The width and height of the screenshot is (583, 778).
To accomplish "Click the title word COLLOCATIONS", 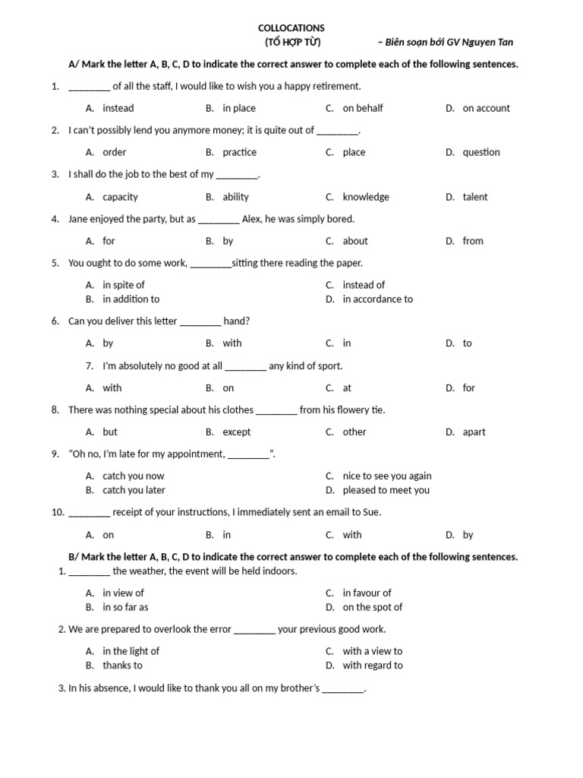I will pos(291,27).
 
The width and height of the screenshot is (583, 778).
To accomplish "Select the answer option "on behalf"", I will pos(362,108).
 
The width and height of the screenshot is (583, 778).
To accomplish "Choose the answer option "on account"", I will pos(486,108).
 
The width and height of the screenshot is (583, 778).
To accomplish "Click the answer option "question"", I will pos(481,152).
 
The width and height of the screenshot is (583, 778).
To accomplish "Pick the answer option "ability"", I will pos(235,197).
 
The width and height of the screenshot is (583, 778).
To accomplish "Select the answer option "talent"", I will pos(475,197).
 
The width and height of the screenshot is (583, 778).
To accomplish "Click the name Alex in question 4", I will pos(251,219).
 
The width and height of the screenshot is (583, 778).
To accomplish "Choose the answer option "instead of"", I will pos(364,285).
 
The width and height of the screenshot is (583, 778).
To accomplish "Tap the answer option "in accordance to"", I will pos(377,299).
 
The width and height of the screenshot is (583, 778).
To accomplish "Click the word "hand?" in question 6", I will pos(236,321).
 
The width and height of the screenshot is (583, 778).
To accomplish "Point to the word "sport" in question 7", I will pos(329,365).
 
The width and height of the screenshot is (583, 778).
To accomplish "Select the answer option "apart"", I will pos(474,432).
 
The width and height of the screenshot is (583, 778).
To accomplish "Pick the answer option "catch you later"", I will pos(134,490).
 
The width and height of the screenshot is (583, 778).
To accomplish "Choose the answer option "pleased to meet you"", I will pos(386,490).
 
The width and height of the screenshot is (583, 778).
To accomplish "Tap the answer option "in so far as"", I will pos(125,607).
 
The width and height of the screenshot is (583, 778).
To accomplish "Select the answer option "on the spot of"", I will pos(372,607).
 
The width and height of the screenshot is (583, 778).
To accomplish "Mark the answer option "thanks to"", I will pos(122,665).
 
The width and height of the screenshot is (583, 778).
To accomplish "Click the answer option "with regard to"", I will pos(372,665).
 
